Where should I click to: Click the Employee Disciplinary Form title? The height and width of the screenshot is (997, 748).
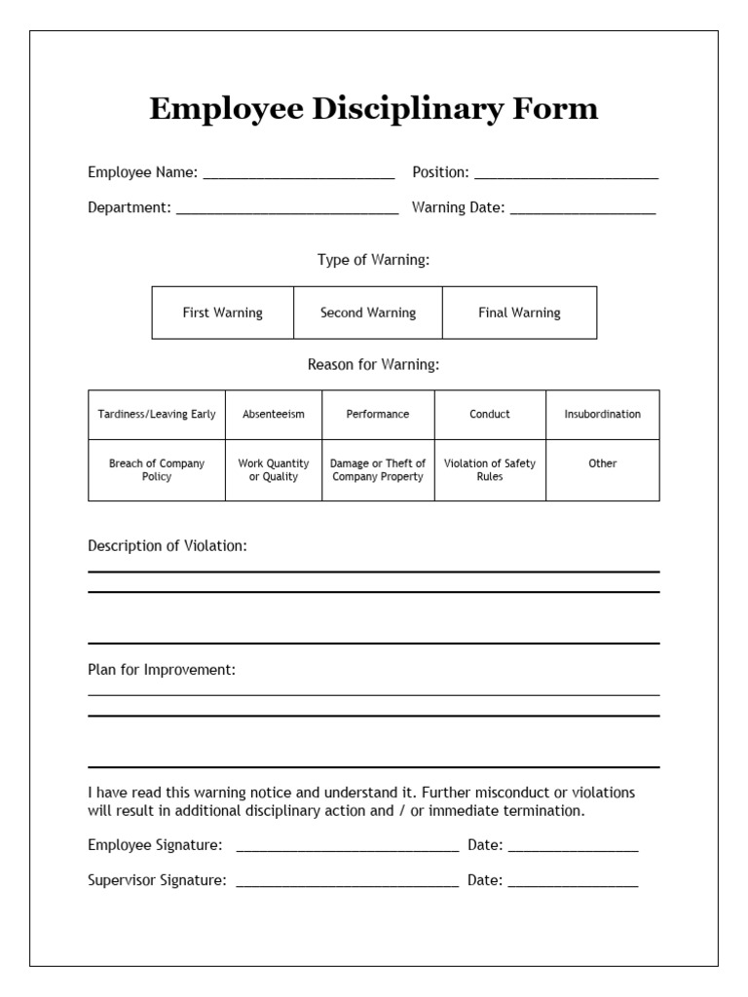[x=373, y=109]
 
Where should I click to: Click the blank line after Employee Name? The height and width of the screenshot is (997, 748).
[x=298, y=175]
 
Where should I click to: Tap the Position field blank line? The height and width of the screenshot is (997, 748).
[x=566, y=175]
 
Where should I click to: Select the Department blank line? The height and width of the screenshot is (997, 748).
[x=287, y=209]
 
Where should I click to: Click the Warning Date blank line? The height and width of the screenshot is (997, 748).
[x=582, y=209]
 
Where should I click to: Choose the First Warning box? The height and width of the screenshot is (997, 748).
[x=223, y=313]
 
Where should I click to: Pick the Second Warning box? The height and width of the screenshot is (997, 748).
[x=368, y=313]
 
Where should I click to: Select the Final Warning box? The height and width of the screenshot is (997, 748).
[x=519, y=313]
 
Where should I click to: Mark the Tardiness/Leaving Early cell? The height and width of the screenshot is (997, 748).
[x=157, y=415]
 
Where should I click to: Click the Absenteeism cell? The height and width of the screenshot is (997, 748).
[x=274, y=415]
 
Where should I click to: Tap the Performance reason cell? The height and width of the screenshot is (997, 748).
[x=378, y=415]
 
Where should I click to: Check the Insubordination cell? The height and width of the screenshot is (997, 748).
[x=603, y=415]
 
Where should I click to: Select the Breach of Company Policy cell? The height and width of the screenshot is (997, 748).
[x=157, y=470]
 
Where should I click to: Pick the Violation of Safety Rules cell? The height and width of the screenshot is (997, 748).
[x=490, y=470]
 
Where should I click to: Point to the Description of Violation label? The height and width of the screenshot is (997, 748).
[x=168, y=546]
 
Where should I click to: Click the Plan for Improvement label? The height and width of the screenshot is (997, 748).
[x=162, y=671]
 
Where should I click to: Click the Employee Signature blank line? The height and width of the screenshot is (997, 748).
[x=347, y=848]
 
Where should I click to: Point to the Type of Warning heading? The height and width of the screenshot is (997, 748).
[x=373, y=260]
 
